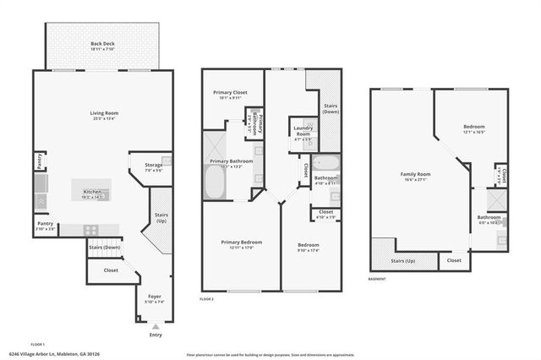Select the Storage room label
pyautogui.click(x=153, y=166)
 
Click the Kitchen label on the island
pyautogui.click(x=92, y=193)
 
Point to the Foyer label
pyautogui.click(x=155, y=297)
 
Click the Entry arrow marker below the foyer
pyautogui.click(x=155, y=326)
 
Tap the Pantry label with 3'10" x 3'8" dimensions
pyautogui.click(x=45, y=224)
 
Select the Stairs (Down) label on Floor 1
pyautogui.click(x=103, y=248)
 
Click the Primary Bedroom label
pyautogui.click(x=237, y=243)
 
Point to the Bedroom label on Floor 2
pyautogui.click(x=308, y=245)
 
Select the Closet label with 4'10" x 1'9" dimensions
pyautogui.click(x=325, y=212)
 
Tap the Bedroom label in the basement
pyautogui.click(x=473, y=128)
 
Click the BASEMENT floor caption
pyautogui.click(x=377, y=279)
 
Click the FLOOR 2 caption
pyautogui.click(x=206, y=299)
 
